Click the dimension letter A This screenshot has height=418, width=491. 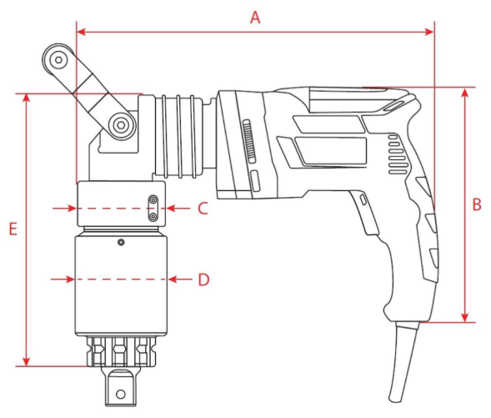coord(255,18)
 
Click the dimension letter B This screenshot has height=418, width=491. coord(477,204)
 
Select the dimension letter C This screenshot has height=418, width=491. coord(203,209)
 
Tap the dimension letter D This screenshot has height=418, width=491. coord(203,280)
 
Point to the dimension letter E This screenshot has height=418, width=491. coord(13,229)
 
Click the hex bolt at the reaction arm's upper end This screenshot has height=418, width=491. coord(58,59)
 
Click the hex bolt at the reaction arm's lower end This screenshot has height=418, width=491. coord(121,126)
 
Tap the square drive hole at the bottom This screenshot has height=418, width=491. coord(121,394)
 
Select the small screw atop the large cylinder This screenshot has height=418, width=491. coord(121,242)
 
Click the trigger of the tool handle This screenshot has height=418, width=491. coord(365,212)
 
